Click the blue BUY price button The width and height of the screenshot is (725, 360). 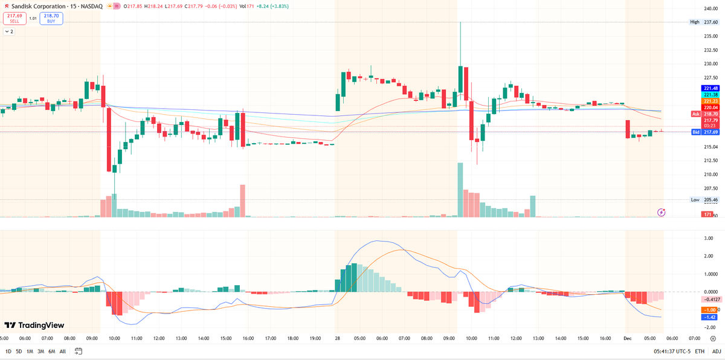[x=52, y=18]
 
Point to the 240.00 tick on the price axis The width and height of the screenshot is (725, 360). [x=710, y=8]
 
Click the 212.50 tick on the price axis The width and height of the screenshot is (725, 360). [x=710, y=160]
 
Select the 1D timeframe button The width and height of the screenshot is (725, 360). [x=8, y=351]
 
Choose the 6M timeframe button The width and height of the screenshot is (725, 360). [x=51, y=351]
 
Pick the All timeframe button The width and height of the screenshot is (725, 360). [x=63, y=351]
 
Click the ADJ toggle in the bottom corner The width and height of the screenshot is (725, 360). [x=716, y=351]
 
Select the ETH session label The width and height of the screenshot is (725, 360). [x=700, y=351]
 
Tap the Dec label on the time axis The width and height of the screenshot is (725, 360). [x=627, y=338]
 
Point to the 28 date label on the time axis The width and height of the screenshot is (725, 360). [x=338, y=338]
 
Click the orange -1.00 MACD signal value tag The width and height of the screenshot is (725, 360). [x=710, y=309]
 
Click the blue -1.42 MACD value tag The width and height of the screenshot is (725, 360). [x=710, y=317]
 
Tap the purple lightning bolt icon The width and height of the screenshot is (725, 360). [x=662, y=212]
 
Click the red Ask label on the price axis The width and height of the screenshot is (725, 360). [x=695, y=114]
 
